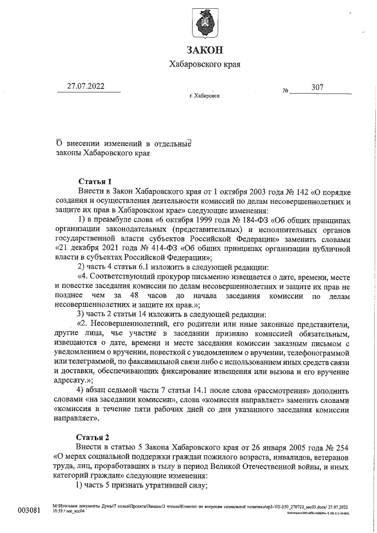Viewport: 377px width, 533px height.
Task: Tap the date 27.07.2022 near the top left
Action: [85, 87]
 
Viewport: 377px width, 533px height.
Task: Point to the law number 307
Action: [318, 87]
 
